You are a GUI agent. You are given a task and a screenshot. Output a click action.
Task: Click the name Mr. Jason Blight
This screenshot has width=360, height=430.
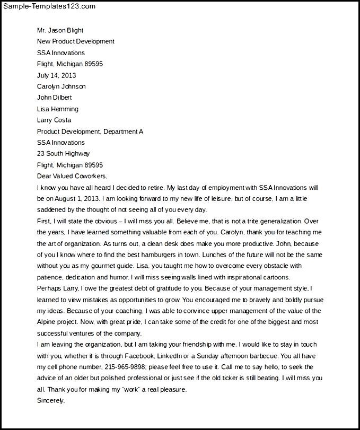(x=60, y=30)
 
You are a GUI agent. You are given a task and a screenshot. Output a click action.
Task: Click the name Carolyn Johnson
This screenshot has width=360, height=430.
(x=61, y=86)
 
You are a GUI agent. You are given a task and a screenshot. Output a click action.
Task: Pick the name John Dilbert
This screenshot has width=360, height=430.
(x=54, y=98)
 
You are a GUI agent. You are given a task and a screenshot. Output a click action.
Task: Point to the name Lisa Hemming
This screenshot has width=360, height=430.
(x=57, y=109)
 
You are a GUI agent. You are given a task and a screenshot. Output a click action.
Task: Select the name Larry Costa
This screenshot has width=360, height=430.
(x=54, y=120)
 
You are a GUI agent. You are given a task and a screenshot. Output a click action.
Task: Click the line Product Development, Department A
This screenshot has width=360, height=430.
(x=90, y=131)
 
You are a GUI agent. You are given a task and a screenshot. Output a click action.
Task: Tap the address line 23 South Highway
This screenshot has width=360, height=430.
(x=63, y=154)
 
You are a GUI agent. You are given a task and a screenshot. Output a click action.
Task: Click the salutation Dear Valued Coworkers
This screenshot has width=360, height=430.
(x=72, y=176)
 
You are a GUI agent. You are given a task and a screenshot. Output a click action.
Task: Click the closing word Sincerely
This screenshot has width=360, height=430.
(x=51, y=400)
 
